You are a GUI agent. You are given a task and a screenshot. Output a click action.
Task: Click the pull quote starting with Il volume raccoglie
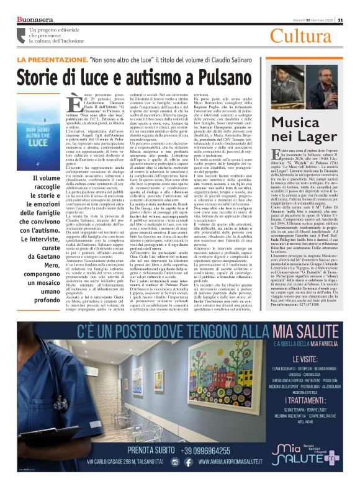click(43, 235)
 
